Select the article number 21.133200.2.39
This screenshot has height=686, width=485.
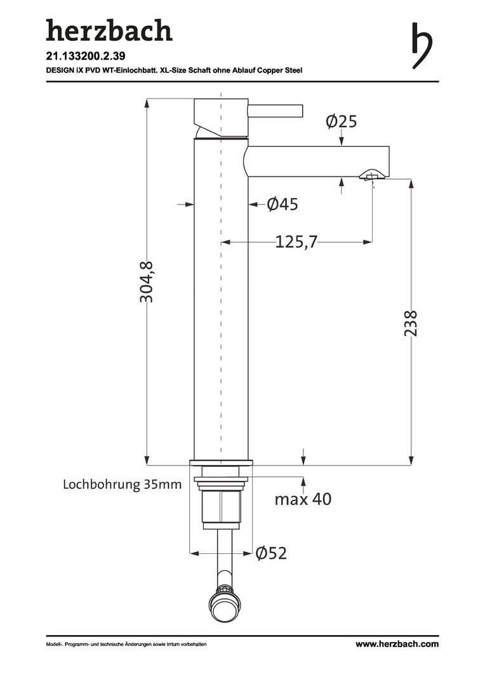click(x=83, y=56)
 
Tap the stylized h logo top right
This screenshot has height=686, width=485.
click(x=422, y=46)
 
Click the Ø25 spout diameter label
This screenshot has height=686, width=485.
click(x=342, y=121)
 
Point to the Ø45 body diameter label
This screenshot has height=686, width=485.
click(x=282, y=204)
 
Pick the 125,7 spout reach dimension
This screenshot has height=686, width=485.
click(x=296, y=241)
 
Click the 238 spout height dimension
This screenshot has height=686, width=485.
click(x=411, y=323)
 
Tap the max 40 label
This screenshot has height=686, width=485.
click(x=303, y=499)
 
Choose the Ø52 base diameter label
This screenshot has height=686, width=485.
click(x=271, y=553)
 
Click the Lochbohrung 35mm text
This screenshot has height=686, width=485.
click(x=123, y=484)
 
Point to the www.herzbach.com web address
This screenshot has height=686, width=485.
click(x=397, y=644)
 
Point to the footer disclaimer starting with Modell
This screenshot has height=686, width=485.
click(x=126, y=645)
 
